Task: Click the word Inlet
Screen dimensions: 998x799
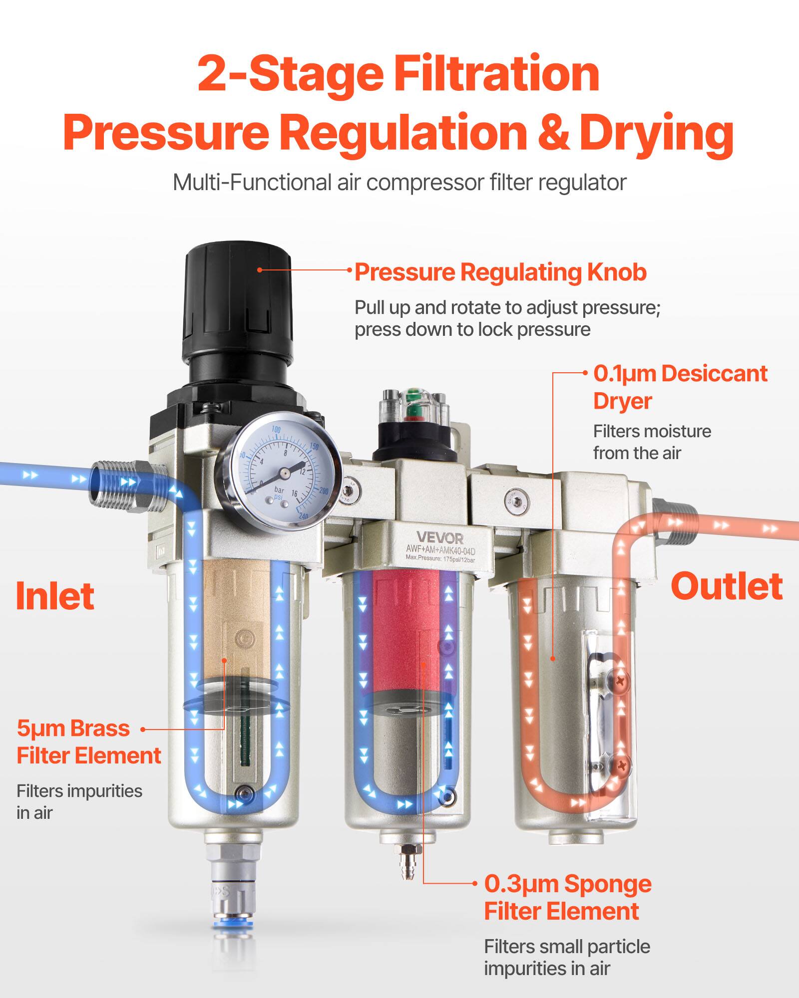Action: tap(55, 596)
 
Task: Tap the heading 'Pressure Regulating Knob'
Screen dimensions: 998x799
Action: tap(500, 272)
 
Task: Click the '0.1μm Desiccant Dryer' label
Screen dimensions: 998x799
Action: tap(679, 387)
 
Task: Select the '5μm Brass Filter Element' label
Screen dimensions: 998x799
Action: tap(89, 742)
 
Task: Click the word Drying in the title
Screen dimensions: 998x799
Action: tap(656, 132)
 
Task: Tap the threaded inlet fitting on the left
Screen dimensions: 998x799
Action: tap(127, 487)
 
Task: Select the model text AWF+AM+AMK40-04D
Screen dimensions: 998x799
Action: tap(440, 551)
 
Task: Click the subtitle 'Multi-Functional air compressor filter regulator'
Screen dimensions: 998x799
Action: tap(399, 183)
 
